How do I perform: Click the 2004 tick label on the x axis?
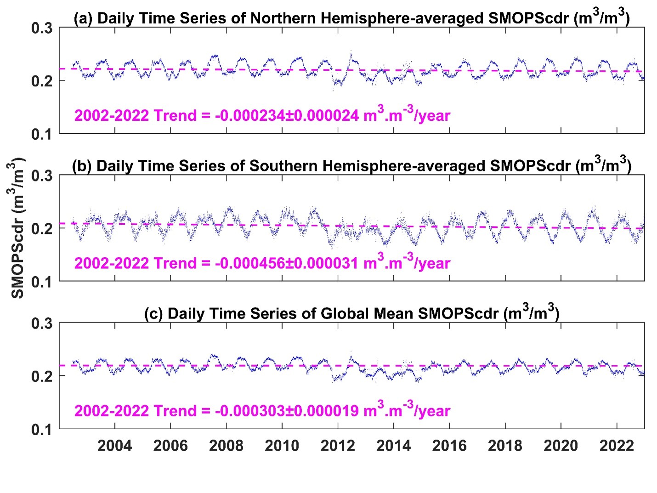point(114,446)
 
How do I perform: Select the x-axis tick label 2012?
point(338,446)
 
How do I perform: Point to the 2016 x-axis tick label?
point(449,446)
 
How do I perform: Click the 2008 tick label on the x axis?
point(226,446)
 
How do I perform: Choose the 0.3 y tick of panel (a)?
point(42,28)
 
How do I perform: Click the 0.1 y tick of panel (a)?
point(42,134)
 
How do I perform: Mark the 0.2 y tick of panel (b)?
point(42,229)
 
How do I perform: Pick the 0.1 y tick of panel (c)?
point(42,430)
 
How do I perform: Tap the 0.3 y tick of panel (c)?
point(42,324)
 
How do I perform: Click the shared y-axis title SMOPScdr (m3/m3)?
point(17,228)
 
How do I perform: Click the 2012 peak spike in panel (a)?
point(351,52)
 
